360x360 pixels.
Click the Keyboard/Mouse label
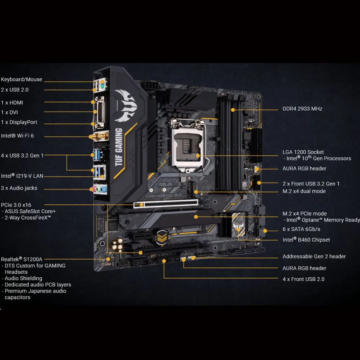tap(22, 80)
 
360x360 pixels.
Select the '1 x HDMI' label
tap(12, 103)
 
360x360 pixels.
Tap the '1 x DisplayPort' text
tap(19, 122)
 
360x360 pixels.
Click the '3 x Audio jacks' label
tap(19, 188)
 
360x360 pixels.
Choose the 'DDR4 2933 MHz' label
tap(302, 109)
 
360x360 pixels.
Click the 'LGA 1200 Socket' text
tap(303, 152)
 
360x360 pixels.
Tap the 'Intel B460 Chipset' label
tap(306, 240)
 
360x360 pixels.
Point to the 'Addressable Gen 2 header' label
tap(314, 256)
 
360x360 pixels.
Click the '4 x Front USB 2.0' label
tap(303, 279)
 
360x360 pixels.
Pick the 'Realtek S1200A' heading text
tap(21, 259)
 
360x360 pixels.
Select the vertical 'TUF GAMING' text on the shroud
tap(118, 147)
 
